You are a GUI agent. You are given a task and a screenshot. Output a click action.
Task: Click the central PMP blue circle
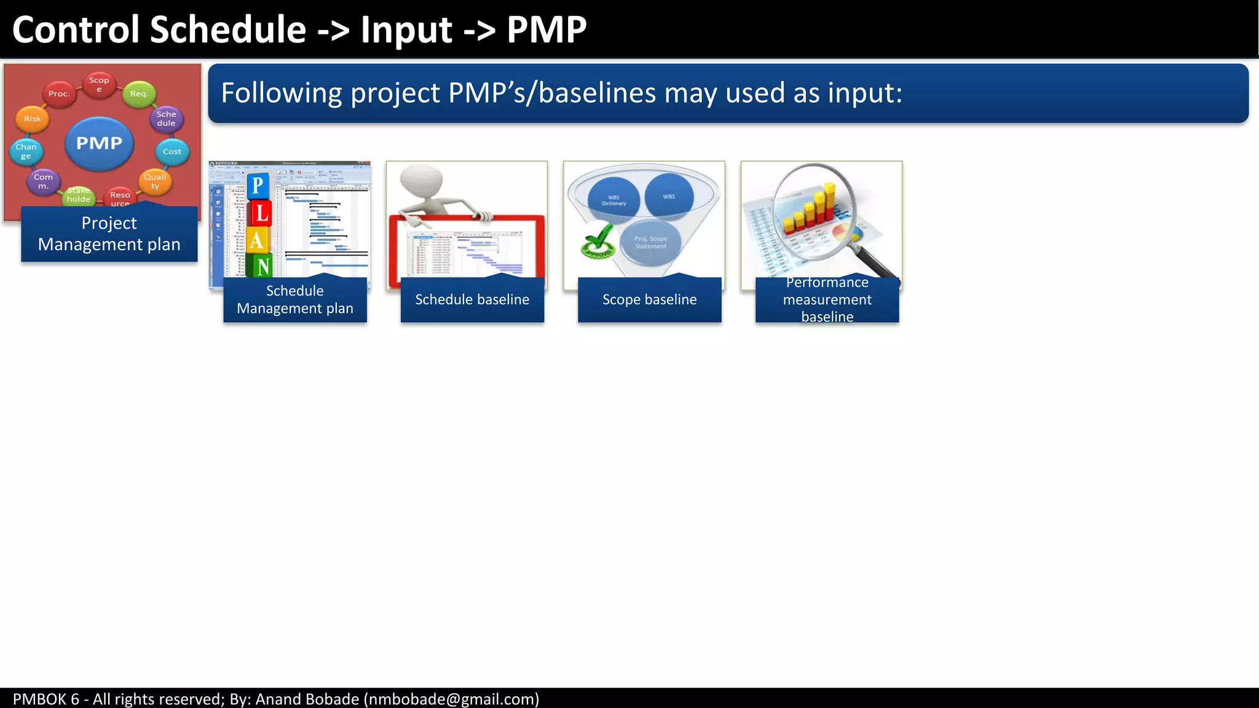99,143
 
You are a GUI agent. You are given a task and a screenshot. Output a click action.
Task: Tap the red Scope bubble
99,85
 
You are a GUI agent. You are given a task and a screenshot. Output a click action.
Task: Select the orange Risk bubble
33,119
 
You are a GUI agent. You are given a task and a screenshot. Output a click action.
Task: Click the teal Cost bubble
172,152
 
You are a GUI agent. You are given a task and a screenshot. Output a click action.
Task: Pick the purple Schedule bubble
166,118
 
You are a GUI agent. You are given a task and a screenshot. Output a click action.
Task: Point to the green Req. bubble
139,94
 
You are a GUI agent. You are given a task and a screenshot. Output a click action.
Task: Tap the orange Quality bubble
155,181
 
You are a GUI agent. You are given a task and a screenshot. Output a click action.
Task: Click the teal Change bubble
26,151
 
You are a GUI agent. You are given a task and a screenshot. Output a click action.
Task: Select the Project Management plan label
109,234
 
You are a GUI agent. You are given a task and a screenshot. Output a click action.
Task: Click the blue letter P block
258,185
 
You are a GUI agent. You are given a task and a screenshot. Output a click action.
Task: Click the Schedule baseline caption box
472,299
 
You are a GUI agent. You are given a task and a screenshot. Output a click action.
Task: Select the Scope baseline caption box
649,299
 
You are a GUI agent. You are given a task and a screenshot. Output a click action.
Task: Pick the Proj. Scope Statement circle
650,242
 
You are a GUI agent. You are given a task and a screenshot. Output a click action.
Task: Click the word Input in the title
406,29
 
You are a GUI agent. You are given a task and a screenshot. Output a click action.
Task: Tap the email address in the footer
451,699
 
